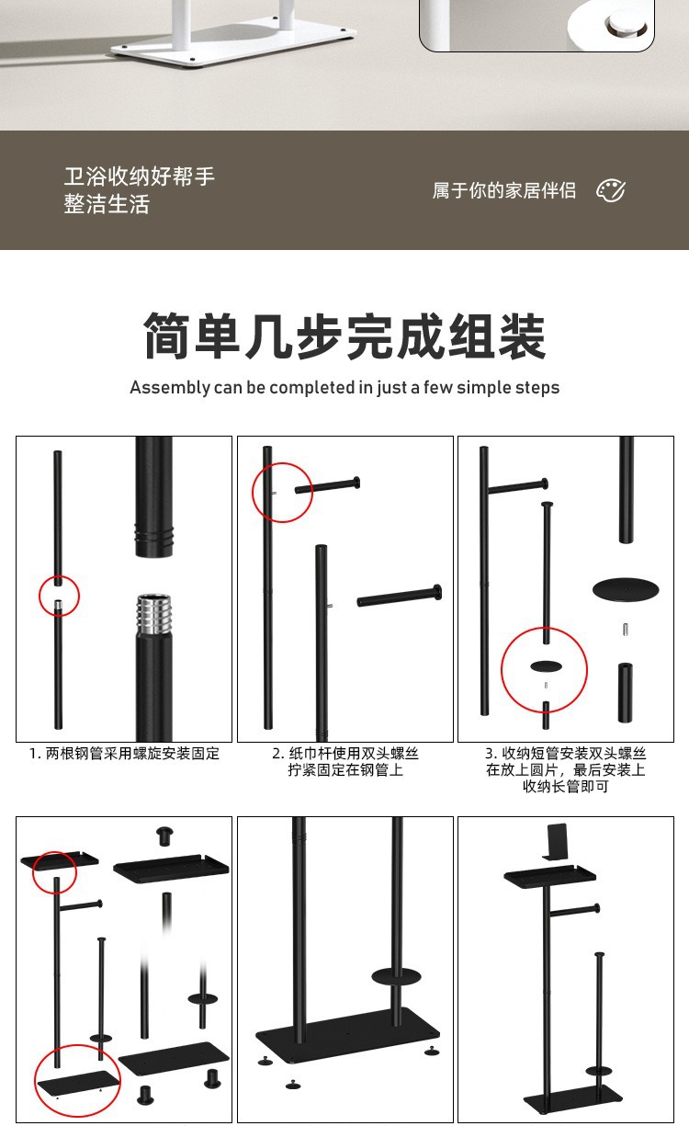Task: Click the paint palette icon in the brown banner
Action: coord(611,190)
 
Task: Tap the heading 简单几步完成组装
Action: coord(344,336)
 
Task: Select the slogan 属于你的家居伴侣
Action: coord(504,190)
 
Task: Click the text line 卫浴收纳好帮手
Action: coord(140,176)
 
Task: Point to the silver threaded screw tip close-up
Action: coord(153,615)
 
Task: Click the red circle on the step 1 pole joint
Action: coord(60,597)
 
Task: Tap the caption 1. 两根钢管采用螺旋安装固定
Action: coord(124,754)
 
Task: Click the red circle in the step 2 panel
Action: coord(282,493)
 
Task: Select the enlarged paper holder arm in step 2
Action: coord(400,596)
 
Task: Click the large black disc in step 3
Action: coord(626,589)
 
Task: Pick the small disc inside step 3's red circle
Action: coord(547,666)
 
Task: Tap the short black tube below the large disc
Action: coord(626,693)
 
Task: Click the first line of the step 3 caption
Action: coord(565,754)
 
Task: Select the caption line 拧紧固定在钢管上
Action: coord(345,769)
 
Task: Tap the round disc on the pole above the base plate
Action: coord(397,977)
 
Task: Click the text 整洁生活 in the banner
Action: coord(107,205)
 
